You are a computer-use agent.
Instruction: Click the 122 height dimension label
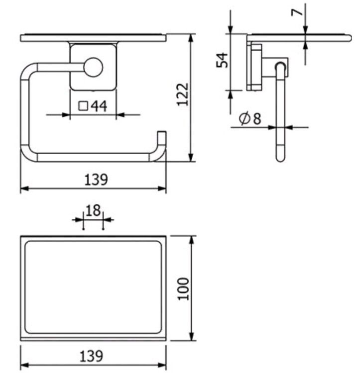tap(183, 94)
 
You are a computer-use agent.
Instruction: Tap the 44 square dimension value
tap(99, 106)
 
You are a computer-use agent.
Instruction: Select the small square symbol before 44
tap(83, 106)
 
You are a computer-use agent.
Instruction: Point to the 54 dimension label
tap(222, 60)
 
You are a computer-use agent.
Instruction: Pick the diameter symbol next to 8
tap(244, 118)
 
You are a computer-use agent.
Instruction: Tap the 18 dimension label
tap(93, 210)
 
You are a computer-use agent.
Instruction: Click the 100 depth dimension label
tap(184, 288)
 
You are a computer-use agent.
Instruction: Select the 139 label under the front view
tap(96, 180)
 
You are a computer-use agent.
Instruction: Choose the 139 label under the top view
tap(92, 356)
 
